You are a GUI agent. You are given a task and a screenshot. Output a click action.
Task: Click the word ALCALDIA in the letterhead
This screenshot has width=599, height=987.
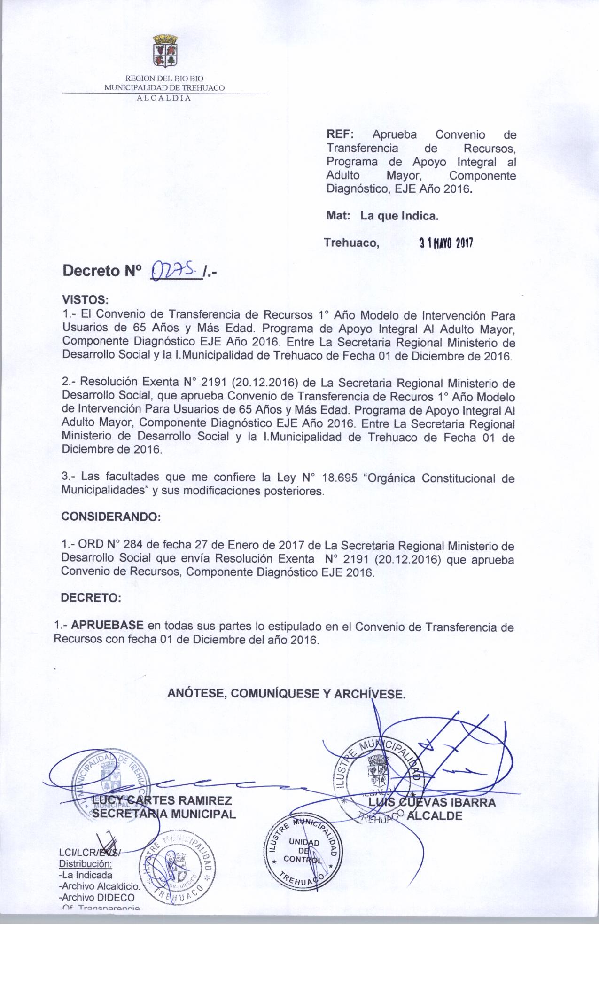[163, 98]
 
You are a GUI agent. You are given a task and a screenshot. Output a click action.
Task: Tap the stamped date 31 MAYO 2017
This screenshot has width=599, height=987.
[446, 243]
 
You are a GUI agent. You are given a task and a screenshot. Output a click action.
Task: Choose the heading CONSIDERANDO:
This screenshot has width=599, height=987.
[111, 517]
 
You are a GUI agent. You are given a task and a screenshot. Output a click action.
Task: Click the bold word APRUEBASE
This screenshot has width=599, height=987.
[108, 627]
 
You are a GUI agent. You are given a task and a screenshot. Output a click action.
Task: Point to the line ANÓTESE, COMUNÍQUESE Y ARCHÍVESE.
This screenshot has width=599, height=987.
[287, 694]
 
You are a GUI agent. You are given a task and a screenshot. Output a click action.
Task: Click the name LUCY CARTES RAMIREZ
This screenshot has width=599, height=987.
[161, 800]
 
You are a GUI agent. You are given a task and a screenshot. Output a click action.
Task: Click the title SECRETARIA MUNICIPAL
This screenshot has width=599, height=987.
[164, 814]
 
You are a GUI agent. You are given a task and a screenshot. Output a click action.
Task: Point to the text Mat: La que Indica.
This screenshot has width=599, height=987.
[382, 216]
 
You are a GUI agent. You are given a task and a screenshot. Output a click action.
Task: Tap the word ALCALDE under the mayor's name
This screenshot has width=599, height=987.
[435, 815]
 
